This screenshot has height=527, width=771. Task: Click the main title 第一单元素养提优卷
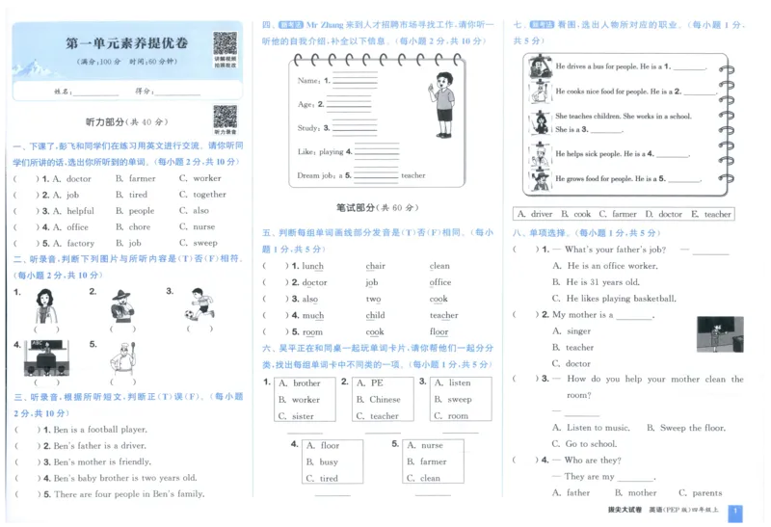point(126,43)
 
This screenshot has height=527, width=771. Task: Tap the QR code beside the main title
point(225,44)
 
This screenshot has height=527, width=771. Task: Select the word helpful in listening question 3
point(80,211)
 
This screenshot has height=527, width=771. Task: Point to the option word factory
point(80,244)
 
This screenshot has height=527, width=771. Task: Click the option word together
point(209,195)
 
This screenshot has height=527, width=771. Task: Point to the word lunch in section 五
point(312,267)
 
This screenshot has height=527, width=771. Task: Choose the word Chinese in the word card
point(385,400)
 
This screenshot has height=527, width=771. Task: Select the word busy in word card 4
point(329,462)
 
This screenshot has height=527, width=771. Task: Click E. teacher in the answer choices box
point(712,214)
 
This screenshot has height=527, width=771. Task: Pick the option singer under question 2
point(578,331)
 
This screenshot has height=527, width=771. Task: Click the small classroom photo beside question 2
point(719,333)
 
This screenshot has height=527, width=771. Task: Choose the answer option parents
point(706,492)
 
